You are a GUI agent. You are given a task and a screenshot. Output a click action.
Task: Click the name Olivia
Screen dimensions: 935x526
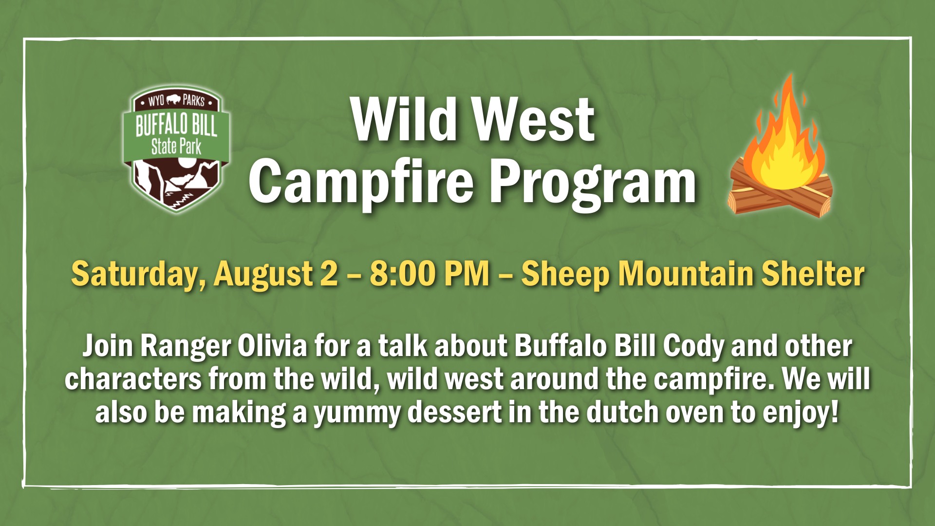tap(273, 346)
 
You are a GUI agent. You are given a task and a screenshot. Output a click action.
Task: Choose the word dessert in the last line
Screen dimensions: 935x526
tap(454, 412)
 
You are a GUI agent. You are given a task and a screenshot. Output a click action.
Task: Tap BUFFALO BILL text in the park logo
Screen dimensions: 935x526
tap(176, 125)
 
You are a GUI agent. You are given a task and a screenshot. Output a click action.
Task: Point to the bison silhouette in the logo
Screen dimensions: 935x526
tap(174, 100)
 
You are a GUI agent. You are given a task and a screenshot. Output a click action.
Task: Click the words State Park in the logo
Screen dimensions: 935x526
tap(176, 147)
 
